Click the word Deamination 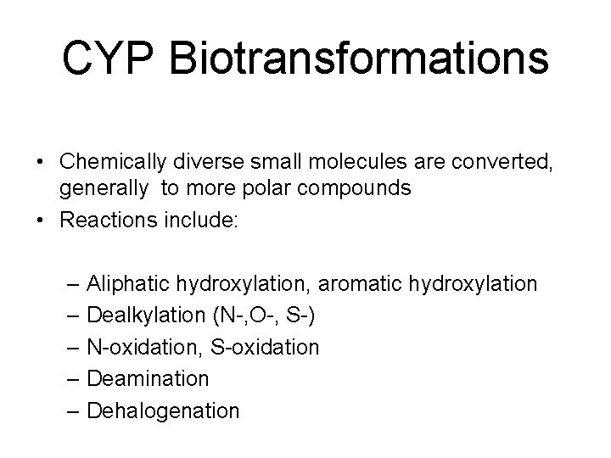click(148, 379)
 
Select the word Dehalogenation click(163, 411)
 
